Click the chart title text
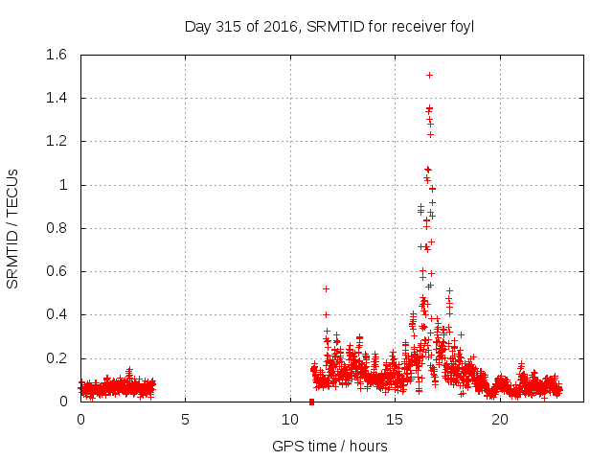pos(329,27)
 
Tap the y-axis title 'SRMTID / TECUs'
pos(13,228)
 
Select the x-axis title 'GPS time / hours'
pos(329,446)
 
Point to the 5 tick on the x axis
pos(185,420)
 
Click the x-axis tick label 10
pos(289,420)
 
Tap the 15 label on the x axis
pos(395,420)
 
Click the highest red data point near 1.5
pos(429,75)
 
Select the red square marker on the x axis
pos(311,402)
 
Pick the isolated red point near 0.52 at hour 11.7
pos(326,288)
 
